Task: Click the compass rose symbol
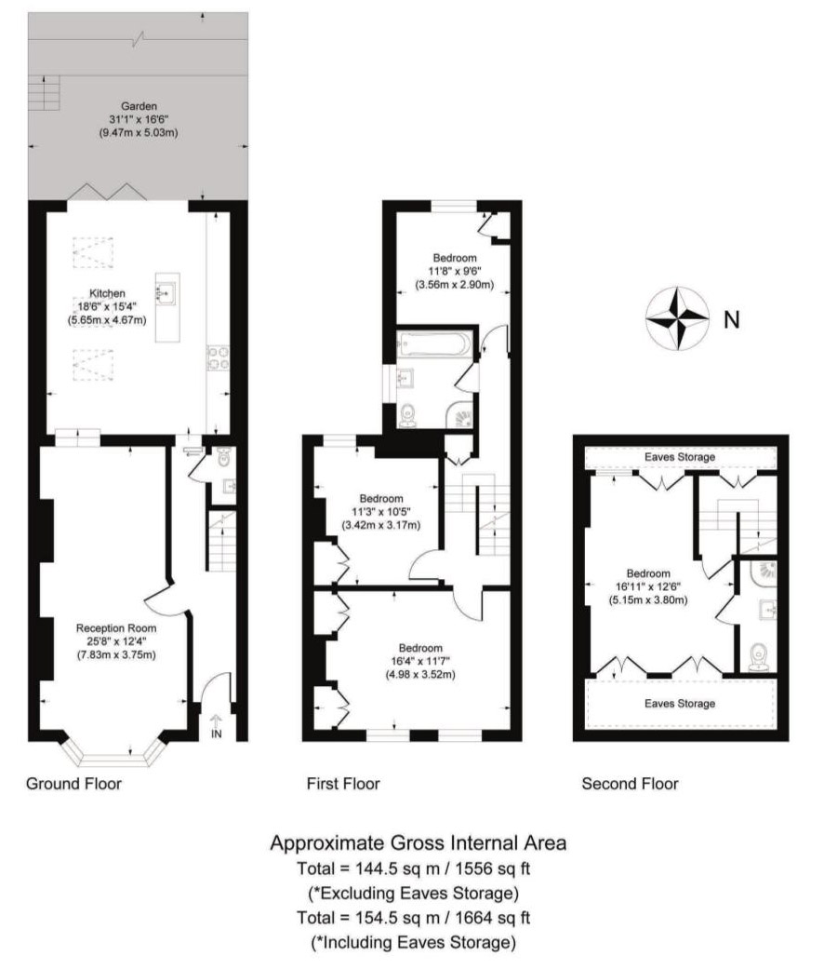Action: pos(677,319)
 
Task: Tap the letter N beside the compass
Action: pos(731,320)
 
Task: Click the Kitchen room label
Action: pos(107,293)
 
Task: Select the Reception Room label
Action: pos(116,628)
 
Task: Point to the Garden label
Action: pos(139,106)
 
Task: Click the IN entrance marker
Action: pos(216,734)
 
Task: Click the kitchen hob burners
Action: pos(218,357)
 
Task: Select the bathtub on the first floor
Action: pos(435,343)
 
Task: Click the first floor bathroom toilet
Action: pos(408,415)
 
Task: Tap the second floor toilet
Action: pos(759,657)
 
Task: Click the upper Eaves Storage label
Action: pos(680,457)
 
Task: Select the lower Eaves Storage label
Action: pos(680,704)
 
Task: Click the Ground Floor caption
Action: pos(73,784)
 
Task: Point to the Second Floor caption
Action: pos(630,784)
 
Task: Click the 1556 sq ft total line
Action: pos(414,868)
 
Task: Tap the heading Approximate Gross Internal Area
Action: pos(418,843)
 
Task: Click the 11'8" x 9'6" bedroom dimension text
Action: pos(454,271)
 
